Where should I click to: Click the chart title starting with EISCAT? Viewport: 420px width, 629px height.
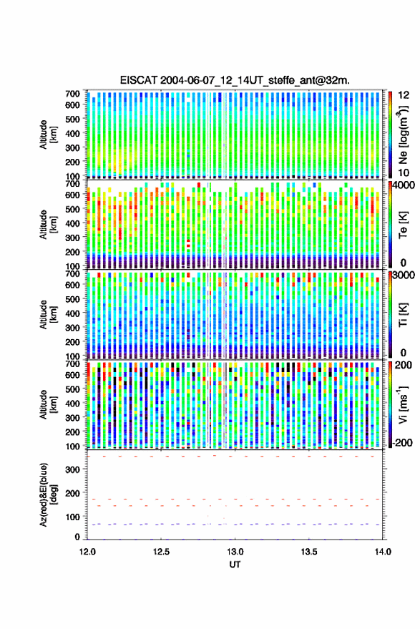coord(235,80)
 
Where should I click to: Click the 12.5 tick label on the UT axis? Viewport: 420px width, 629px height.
coord(161,552)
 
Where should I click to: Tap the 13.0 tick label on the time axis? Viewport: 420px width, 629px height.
coord(235,552)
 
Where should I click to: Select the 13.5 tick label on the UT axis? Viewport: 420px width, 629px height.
coord(309,552)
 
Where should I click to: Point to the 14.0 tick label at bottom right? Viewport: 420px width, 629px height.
coord(383,552)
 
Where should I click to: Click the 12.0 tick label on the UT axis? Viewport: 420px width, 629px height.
coord(87,552)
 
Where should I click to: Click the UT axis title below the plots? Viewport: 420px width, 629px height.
coord(235,565)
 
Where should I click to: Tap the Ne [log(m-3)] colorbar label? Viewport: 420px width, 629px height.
coord(403,135)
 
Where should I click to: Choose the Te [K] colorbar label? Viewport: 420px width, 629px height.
coord(403,225)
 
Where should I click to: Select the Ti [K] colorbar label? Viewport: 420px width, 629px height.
coord(403,315)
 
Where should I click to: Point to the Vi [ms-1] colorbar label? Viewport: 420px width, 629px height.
coord(403,404)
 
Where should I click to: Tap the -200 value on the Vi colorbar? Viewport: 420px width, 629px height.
coord(401,443)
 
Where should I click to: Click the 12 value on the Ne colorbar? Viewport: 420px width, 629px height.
coord(404,95)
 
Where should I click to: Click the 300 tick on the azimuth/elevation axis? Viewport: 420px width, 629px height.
coord(72,469)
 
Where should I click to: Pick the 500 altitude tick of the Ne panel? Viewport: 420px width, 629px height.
coord(72,119)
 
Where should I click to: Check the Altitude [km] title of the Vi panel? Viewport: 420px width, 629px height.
coord(49,405)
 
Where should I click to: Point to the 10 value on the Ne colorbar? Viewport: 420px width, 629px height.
coord(404,173)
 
